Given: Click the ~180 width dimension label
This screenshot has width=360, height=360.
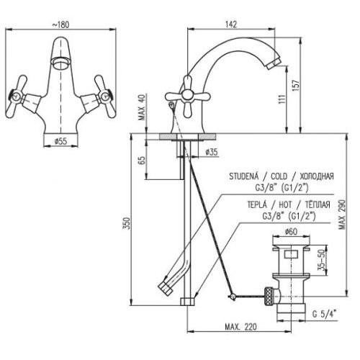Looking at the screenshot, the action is coord(60,24).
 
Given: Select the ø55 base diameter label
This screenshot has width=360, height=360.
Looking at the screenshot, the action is coord(60,142).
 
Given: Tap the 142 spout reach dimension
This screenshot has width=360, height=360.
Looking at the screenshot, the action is coord(231,24).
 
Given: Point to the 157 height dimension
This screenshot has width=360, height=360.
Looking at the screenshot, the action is coord(296,85).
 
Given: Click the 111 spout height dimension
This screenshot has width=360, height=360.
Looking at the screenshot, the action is coord(283,99).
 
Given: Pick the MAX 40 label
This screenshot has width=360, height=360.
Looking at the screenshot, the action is coord(142,107).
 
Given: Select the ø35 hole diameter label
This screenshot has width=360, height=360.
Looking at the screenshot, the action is coord(212,152).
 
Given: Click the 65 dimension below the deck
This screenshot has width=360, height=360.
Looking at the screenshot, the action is coord(142,161).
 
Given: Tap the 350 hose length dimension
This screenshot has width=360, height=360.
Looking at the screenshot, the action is coord(127,223).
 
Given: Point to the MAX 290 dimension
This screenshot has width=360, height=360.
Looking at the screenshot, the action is coord(342,214).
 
